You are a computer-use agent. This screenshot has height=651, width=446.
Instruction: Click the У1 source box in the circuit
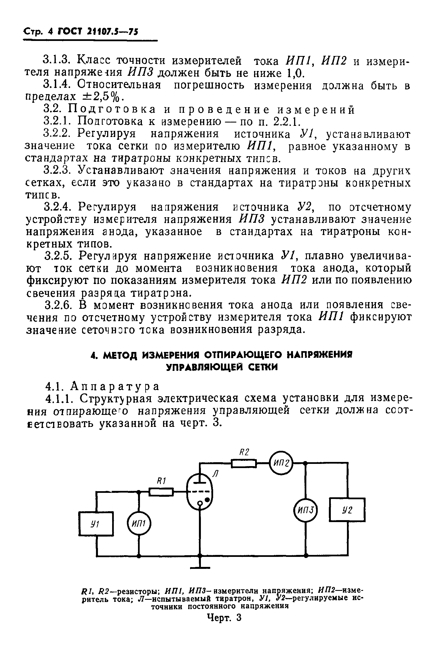coord(96,524)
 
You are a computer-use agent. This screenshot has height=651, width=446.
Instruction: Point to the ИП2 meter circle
coord(281,463)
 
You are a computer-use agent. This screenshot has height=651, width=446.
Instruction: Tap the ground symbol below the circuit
coord(200,567)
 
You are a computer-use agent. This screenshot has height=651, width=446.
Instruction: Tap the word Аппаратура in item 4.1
coord(115,386)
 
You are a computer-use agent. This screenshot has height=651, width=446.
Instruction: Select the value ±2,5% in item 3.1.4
coord(101,97)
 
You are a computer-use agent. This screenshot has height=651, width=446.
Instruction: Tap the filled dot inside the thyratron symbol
coord(207,500)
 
